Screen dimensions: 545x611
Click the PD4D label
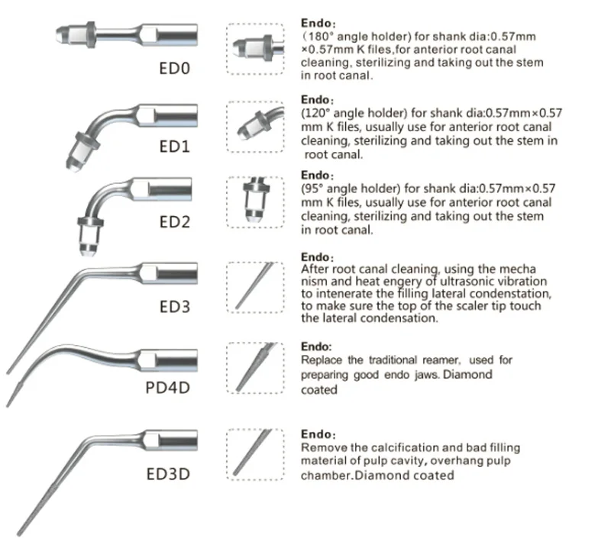pyautogui.click(x=167, y=387)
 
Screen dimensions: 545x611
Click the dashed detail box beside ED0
pyautogui.click(x=256, y=49)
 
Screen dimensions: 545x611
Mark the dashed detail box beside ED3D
pyautogui.click(x=256, y=456)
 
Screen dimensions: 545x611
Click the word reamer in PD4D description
pyautogui.click(x=434, y=360)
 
